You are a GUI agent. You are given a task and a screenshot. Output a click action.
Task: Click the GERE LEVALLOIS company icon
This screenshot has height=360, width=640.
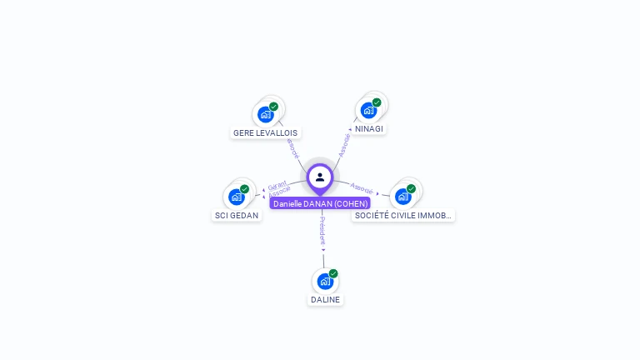coord(266,114)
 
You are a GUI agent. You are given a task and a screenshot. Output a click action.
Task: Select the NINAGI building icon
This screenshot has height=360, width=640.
coord(368,110)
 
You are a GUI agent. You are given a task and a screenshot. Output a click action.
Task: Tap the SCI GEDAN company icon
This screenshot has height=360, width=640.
coord(237,197)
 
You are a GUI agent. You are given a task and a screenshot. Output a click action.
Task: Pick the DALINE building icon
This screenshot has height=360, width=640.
coord(325,281)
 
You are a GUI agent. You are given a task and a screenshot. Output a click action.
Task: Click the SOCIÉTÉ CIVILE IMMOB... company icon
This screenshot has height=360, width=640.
coord(403,197)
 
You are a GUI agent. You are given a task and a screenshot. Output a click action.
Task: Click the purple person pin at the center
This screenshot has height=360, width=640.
coord(320,177)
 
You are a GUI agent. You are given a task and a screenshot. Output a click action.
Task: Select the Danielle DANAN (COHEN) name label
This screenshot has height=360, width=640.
coord(320,203)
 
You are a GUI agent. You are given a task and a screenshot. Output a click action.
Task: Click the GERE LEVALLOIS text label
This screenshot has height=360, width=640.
coord(265,132)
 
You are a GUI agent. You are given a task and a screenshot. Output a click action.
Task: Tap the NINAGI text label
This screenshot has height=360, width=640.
coord(369,129)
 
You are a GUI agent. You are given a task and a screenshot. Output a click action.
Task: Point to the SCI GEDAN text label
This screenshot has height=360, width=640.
coord(237,215)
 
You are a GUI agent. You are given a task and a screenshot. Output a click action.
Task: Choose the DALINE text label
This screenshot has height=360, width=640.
coord(326,299)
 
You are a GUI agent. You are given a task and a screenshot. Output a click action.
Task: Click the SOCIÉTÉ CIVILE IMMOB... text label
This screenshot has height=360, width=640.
coord(403,215)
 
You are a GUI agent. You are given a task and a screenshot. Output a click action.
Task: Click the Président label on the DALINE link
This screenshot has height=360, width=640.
coord(322,231)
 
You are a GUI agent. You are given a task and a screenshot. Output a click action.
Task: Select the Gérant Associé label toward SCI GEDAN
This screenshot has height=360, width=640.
coord(278,188)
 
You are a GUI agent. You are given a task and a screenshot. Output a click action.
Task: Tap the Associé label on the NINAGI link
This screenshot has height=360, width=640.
coord(344,144)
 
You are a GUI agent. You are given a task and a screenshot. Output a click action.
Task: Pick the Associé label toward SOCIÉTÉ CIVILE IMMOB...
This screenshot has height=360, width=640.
coord(362,187)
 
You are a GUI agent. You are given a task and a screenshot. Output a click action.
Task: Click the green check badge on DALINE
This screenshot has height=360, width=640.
coord(333,273)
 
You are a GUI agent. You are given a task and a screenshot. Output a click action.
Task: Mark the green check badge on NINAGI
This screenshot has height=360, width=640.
coord(377,102)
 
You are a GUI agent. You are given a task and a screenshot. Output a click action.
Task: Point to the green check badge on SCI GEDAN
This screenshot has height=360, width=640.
coord(244,189)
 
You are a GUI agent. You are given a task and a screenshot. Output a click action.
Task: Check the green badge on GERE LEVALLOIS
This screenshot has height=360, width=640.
coord(273,107)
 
